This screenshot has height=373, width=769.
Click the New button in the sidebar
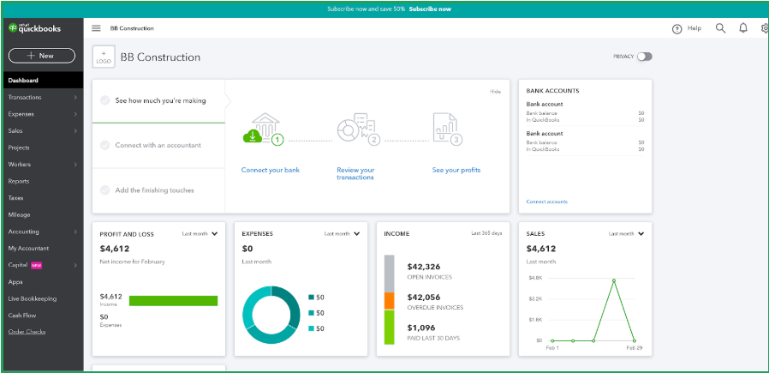coord(41,56)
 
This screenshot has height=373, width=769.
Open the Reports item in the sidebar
coord(19,181)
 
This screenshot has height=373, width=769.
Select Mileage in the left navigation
coord(19,214)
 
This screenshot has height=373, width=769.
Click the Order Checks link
coord(27,332)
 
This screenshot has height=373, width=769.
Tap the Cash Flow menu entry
coord(21,315)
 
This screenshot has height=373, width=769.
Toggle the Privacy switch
coord(644,57)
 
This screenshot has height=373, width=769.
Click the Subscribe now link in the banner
coord(430,9)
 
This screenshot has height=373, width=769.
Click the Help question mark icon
coord(677,28)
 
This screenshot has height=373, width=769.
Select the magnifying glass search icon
coord(720,28)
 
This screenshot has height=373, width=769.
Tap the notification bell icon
coord(742,28)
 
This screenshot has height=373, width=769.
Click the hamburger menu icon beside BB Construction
coord(96,28)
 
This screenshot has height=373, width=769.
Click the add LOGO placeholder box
coord(103,57)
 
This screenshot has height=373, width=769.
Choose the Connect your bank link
coord(271,170)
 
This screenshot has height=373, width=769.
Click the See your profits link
coord(456,170)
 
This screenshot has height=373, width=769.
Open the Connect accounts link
coord(546,202)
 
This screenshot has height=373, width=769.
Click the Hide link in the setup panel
coord(495,91)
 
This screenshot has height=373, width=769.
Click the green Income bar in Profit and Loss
coord(173,300)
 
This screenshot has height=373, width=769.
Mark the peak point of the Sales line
coord(613,280)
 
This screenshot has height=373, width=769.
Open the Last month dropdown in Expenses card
coord(342,233)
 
